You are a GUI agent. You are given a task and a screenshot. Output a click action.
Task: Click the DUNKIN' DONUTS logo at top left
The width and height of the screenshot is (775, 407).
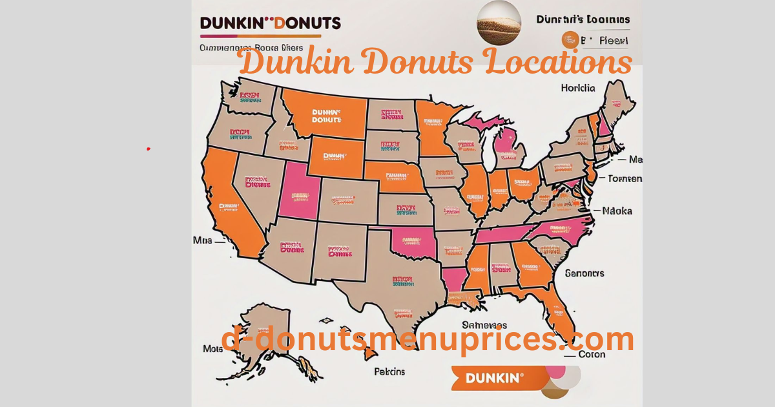(270, 23)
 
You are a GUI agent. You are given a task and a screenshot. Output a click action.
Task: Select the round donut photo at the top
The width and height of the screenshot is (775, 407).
(499, 23)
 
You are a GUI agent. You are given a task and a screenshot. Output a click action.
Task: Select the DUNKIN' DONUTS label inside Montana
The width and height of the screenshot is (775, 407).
(325, 115)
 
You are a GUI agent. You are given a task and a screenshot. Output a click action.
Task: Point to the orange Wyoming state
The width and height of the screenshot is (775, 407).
(335, 156)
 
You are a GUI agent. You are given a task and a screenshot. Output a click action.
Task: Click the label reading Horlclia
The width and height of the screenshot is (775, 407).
(577, 88)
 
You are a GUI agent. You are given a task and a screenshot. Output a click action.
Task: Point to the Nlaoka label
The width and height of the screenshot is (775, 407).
(617, 211)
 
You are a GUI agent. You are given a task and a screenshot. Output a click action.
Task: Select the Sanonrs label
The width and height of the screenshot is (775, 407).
(584, 273)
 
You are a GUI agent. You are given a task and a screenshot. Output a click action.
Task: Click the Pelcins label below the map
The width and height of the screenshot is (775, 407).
(389, 371)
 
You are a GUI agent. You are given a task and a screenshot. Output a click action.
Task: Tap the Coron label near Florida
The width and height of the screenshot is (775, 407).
(592, 354)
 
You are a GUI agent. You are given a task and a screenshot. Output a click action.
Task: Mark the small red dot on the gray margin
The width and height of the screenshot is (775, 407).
(148, 149)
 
